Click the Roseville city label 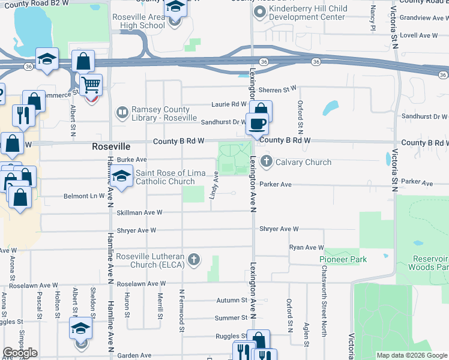coord(111,146)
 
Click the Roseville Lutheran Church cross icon coord(193,260)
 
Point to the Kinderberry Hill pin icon coord(260,12)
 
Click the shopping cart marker coord(90,85)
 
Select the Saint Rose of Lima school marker coord(122,178)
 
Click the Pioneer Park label coord(342,259)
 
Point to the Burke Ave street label coord(132,160)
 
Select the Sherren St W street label coord(279,89)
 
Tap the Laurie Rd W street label coord(226,104)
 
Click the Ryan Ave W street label coord(306,247)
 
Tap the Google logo coord(20,353)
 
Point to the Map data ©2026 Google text coord(411,355)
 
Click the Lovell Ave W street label coord(418,36)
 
